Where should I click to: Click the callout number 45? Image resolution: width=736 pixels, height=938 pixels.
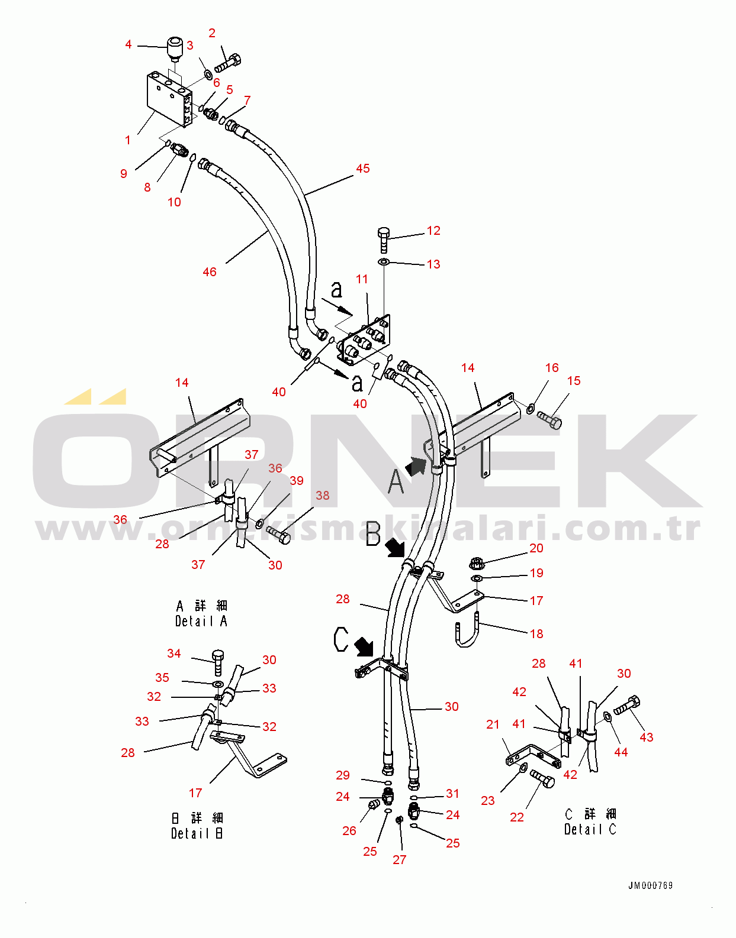(x=362, y=169)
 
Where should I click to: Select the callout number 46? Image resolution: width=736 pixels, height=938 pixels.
(x=210, y=272)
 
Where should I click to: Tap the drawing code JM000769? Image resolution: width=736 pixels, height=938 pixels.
(x=650, y=885)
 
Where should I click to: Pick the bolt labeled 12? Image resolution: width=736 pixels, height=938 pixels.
(x=384, y=240)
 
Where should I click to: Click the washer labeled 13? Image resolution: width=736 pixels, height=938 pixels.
(x=384, y=262)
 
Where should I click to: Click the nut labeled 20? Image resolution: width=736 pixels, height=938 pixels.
(x=476, y=562)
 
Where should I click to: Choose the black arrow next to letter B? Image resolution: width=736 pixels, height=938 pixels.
(x=394, y=548)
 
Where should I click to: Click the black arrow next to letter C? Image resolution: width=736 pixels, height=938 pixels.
(x=364, y=647)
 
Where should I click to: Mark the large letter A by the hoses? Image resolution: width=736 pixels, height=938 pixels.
(x=396, y=481)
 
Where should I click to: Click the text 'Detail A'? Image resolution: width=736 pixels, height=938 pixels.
(x=201, y=621)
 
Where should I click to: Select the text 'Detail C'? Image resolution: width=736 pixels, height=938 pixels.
(x=590, y=829)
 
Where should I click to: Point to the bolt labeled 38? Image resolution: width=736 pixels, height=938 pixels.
(x=278, y=535)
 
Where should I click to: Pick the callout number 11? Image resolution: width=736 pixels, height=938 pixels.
(x=362, y=279)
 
